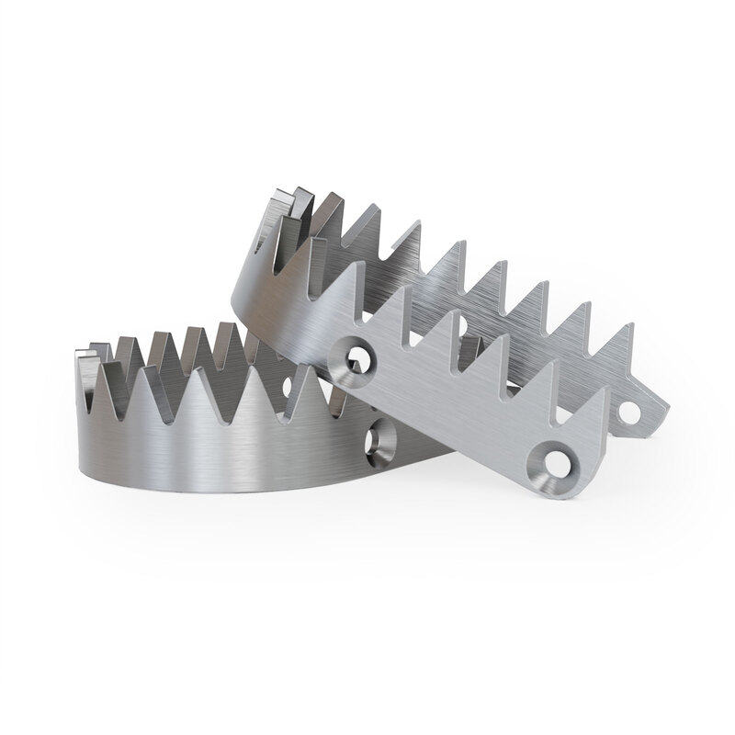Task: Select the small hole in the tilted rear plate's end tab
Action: [629, 413]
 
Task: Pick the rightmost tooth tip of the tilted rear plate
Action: [631, 325]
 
